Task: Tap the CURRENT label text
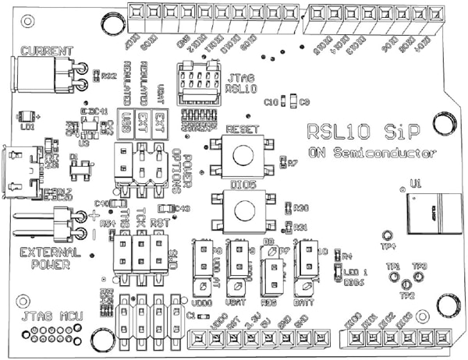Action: tap(48, 51)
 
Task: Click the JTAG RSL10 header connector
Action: tap(197, 82)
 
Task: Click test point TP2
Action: tap(406, 286)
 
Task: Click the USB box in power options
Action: tap(125, 122)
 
